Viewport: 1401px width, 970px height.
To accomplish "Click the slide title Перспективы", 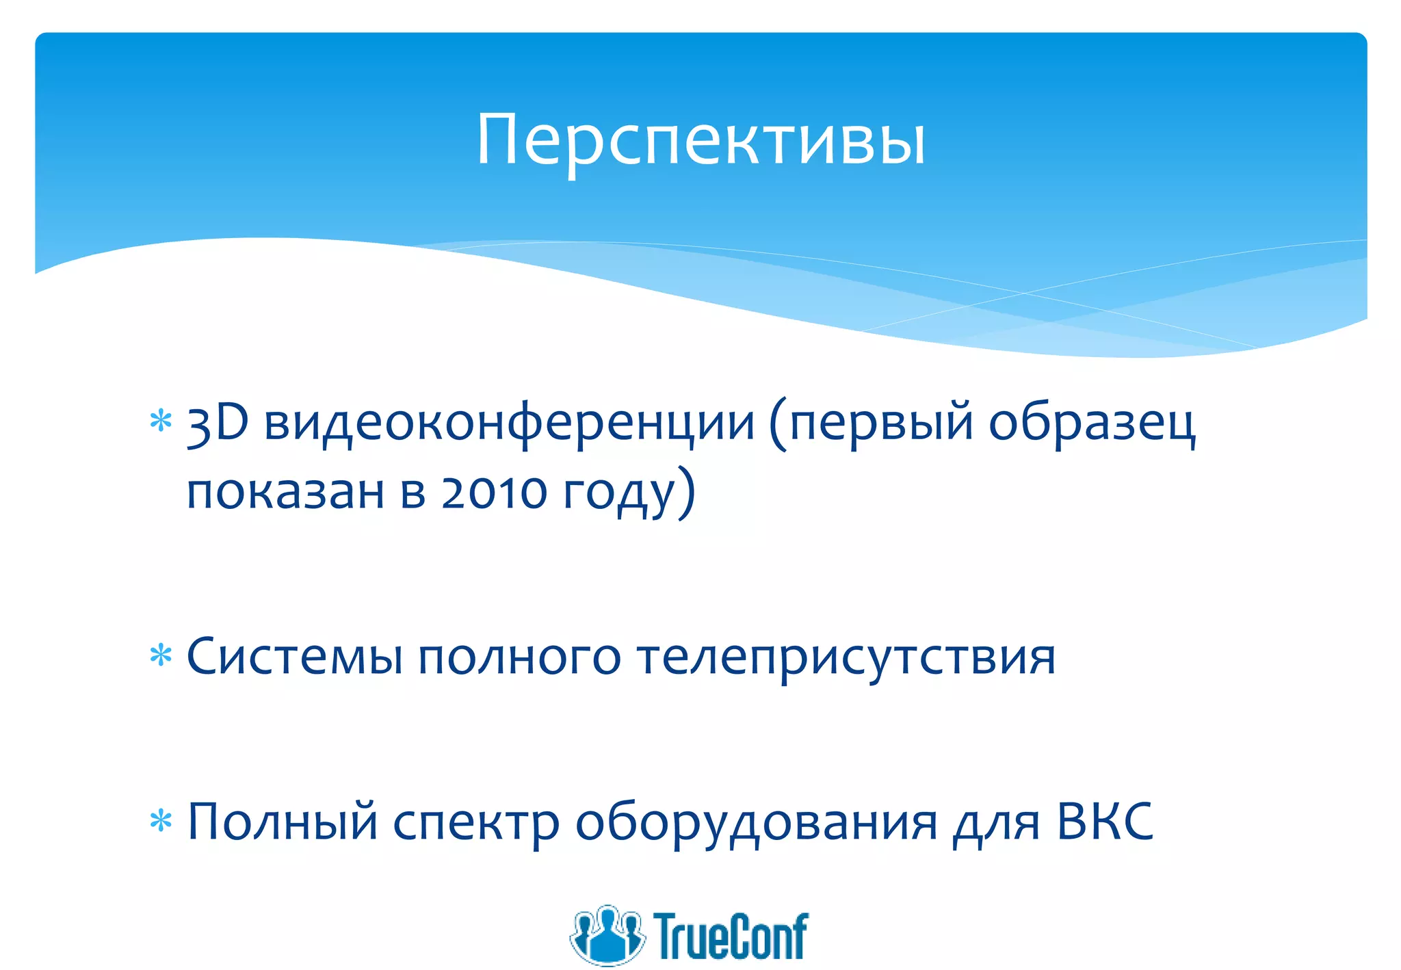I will pos(700,140).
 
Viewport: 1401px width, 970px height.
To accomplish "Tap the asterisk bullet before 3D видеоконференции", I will pos(161,421).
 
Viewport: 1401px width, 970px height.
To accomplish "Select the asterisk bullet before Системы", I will pos(161,655).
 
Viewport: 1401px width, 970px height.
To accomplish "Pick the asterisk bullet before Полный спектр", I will pos(161,820).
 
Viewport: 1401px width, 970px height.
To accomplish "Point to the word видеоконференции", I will pos(509,423).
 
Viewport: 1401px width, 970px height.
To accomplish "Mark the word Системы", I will pos(294,657).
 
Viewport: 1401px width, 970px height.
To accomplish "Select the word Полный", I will pos(283,822).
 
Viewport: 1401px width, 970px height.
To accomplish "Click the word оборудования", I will pos(756,823).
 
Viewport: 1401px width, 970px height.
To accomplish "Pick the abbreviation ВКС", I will pos(1104,822).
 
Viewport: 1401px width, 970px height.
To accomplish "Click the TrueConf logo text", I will pos(731,936).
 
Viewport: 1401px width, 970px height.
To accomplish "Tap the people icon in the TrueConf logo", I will pos(607,934).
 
